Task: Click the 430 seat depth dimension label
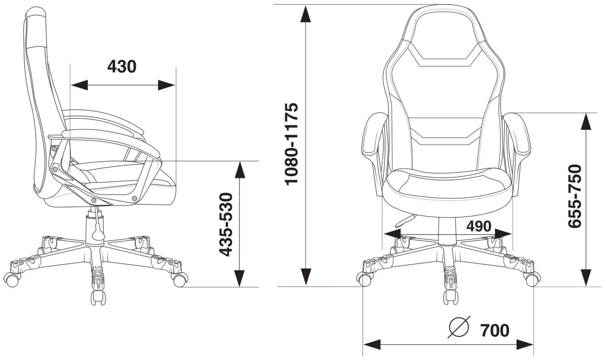pos(122,67)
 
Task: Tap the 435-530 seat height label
pos(225,224)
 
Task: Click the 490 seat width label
pos(479,226)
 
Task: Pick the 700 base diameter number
pos(495,330)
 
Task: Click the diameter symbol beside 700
pos(459,327)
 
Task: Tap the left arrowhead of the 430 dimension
pos(80,85)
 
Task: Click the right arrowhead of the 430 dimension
pos(166,85)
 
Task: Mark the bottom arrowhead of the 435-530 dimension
pos(239,278)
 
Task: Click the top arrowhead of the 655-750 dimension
pos(586,122)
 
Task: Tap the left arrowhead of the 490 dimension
pos(392,234)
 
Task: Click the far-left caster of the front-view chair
pos(364,279)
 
